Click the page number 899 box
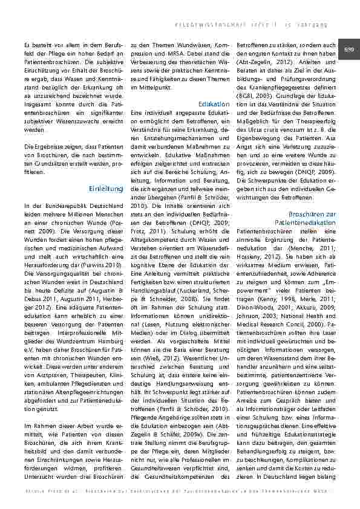click(349, 49)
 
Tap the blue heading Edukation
click(214, 104)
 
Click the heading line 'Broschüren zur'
click(312, 215)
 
